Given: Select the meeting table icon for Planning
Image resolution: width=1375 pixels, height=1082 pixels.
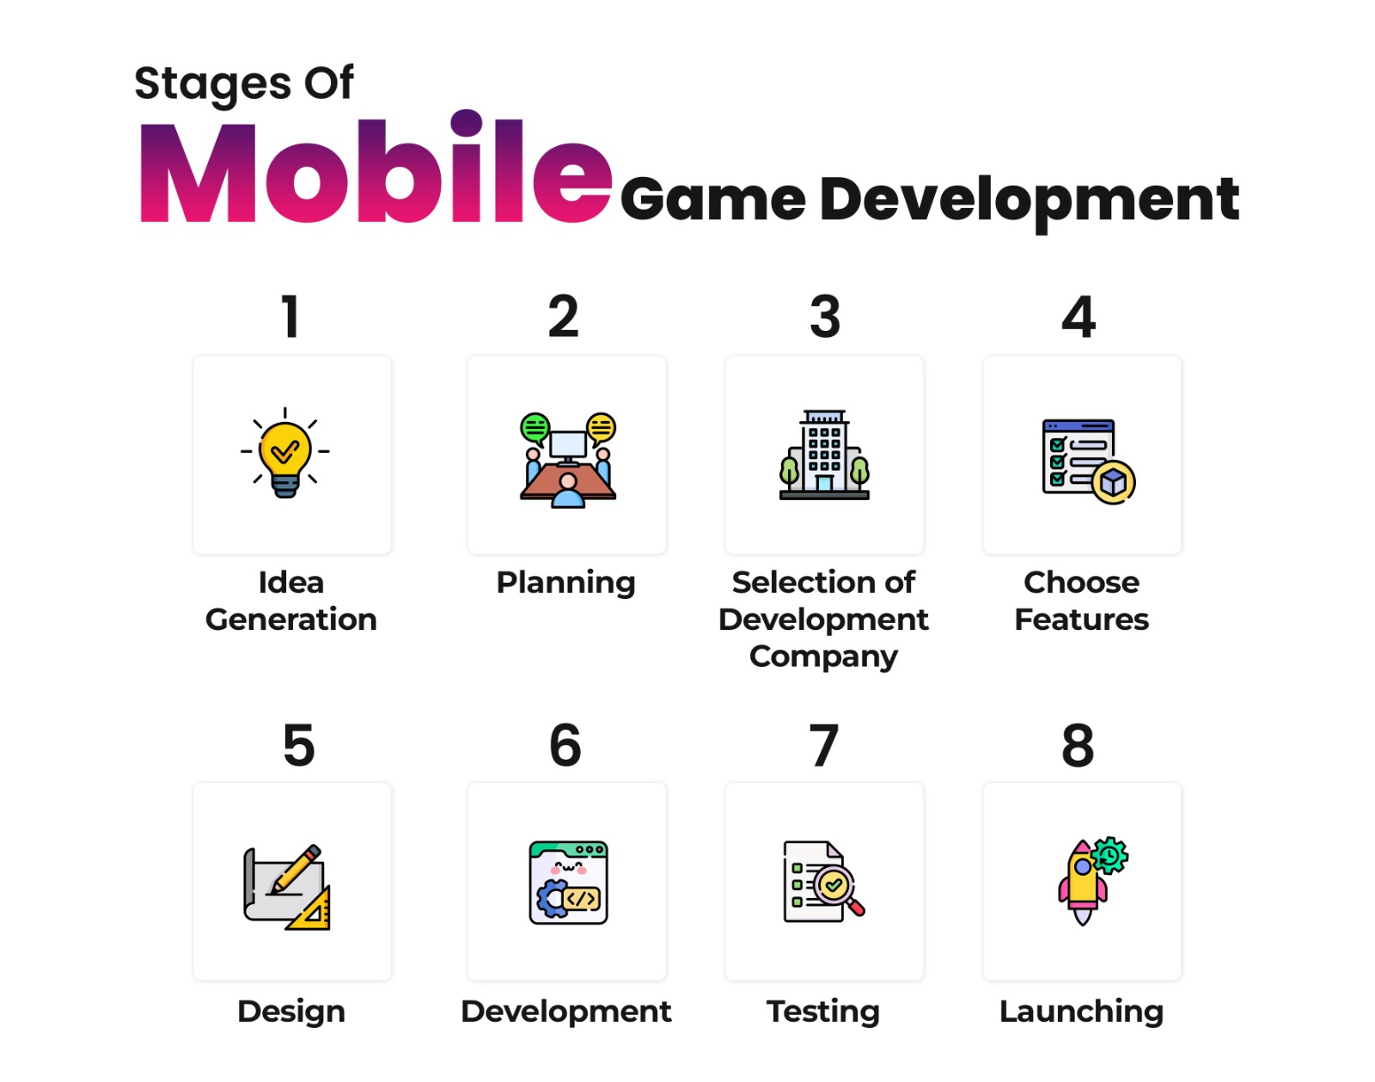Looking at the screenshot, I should click(x=567, y=461).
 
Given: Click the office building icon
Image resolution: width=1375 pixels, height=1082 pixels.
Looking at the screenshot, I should click(x=824, y=455).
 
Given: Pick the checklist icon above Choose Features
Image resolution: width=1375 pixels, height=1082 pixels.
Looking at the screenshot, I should click(x=1087, y=462).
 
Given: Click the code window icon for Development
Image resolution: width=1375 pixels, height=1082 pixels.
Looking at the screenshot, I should click(x=568, y=883).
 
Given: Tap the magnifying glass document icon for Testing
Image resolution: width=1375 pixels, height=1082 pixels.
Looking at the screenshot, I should click(x=823, y=883).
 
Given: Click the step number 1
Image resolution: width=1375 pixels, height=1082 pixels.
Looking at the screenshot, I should click(x=290, y=316).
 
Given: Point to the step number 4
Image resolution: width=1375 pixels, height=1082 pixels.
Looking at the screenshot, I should click(x=1079, y=316).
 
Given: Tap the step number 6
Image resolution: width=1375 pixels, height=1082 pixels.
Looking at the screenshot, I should click(x=565, y=744).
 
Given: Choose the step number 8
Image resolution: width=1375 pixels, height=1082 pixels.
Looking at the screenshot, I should click(x=1078, y=744).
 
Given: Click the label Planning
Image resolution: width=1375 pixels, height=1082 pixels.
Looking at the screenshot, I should click(x=565, y=583).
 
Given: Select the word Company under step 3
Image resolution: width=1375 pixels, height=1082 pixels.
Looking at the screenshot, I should click(x=823, y=657).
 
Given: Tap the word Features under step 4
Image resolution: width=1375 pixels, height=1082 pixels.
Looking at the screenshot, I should click(x=1081, y=619).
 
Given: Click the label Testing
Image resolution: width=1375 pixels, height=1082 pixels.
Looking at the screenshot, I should click(x=822, y=1012).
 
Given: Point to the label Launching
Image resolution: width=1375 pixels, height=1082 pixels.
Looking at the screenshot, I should click(x=1081, y=1012).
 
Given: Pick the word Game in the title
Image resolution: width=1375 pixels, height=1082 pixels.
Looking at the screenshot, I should click(x=712, y=199).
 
